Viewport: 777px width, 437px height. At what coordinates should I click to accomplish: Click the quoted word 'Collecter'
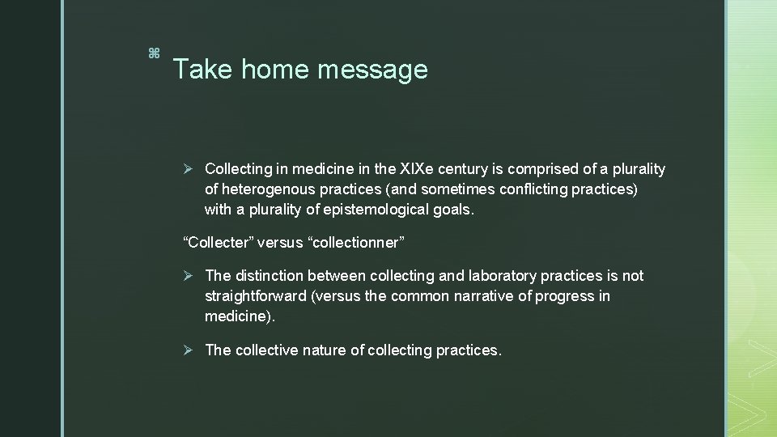217,243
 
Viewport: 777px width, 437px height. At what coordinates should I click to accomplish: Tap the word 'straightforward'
256,296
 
